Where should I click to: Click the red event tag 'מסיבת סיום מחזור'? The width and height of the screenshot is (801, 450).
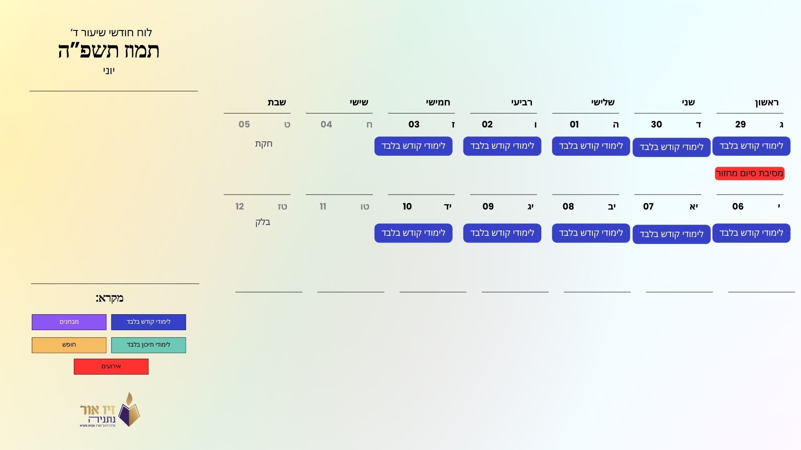pyautogui.click(x=750, y=173)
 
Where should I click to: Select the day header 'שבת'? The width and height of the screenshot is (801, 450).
pyautogui.click(x=277, y=102)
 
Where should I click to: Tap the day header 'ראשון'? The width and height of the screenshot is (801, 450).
pyautogui.click(x=767, y=102)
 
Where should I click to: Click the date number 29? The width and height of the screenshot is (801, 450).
pyautogui.click(x=741, y=124)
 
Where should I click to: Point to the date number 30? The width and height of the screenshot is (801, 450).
pyautogui.click(x=656, y=124)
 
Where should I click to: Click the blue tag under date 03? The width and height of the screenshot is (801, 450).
pyautogui.click(x=413, y=146)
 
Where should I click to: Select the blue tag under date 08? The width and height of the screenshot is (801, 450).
pyautogui.click(x=591, y=233)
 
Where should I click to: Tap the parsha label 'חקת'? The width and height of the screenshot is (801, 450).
pyautogui.click(x=264, y=144)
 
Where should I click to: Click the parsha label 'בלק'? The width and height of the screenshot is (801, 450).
pyautogui.click(x=263, y=222)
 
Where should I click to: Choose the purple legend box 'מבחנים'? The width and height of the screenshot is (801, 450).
pyautogui.click(x=69, y=322)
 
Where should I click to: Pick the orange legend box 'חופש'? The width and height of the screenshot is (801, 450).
pyautogui.click(x=69, y=345)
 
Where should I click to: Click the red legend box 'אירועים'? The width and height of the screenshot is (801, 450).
pyautogui.click(x=111, y=367)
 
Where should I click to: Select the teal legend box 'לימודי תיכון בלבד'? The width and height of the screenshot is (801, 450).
pyautogui.click(x=149, y=345)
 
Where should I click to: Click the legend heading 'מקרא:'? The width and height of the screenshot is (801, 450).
pyautogui.click(x=109, y=298)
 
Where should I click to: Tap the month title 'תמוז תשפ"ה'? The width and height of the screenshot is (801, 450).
pyautogui.click(x=108, y=51)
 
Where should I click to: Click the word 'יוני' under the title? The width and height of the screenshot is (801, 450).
pyautogui.click(x=109, y=71)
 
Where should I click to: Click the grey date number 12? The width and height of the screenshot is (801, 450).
pyautogui.click(x=239, y=206)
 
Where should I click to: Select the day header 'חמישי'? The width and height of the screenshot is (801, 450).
pyautogui.click(x=438, y=102)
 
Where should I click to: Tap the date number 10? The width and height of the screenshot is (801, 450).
pyautogui.click(x=407, y=206)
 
